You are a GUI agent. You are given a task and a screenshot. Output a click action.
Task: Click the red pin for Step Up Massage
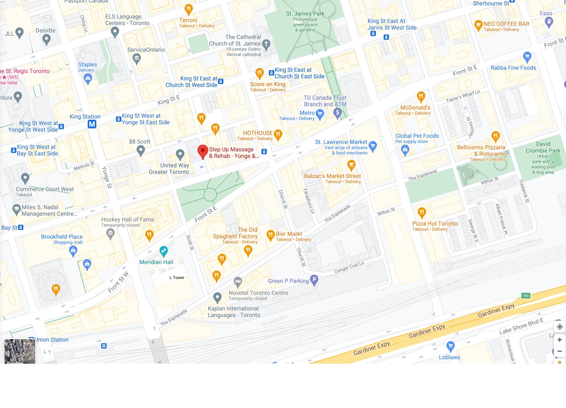[x=202, y=151]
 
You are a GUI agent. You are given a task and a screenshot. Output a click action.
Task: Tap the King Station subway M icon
[x=92, y=124]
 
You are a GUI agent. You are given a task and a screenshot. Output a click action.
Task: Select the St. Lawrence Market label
[x=341, y=142]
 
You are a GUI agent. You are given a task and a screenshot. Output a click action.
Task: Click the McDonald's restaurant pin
[x=421, y=96]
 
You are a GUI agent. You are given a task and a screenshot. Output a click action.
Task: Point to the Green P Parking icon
[x=314, y=280]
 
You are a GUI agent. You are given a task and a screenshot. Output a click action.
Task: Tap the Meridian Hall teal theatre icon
[x=164, y=251]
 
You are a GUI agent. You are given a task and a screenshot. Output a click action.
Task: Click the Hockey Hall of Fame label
[x=127, y=219]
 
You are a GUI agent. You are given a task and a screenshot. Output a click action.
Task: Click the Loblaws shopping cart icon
[x=450, y=346]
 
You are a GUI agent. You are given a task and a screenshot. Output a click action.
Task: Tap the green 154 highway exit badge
[x=525, y=296]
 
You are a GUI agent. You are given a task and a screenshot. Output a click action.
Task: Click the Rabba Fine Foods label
[x=513, y=68]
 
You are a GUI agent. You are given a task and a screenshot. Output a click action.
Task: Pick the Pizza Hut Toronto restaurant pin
[x=422, y=212]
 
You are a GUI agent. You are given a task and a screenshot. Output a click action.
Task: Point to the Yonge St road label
[x=106, y=177]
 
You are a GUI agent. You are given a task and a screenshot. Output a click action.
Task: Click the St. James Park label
[x=305, y=14]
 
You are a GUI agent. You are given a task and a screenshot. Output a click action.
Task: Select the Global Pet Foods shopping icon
[x=405, y=150]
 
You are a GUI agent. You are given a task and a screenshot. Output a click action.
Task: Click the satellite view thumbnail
[x=20, y=351]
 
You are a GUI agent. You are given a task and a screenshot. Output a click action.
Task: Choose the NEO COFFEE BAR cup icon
[x=478, y=25]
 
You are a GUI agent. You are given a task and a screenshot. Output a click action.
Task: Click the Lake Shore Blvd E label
[x=521, y=326]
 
